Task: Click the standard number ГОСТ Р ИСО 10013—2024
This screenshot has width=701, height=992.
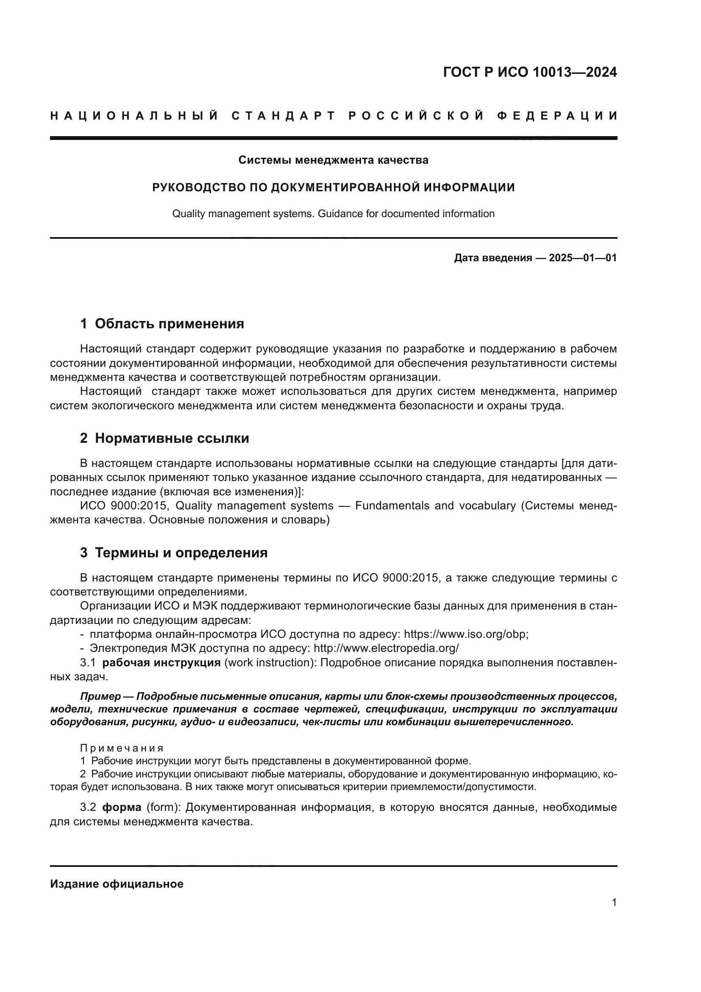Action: tap(530, 72)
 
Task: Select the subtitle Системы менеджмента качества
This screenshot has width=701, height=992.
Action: tap(333, 160)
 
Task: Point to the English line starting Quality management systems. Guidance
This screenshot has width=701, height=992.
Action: tap(333, 214)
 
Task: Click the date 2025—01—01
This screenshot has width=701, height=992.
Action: tap(583, 258)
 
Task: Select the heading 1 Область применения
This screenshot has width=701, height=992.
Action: tap(162, 324)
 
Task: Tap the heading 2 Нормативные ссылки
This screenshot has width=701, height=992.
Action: tap(164, 438)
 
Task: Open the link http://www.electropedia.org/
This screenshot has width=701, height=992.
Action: tap(386, 648)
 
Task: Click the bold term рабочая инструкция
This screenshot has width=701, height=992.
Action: tap(161, 662)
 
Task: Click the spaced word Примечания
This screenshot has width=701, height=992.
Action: tap(122, 748)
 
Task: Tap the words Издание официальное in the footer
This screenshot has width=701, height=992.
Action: tap(117, 884)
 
